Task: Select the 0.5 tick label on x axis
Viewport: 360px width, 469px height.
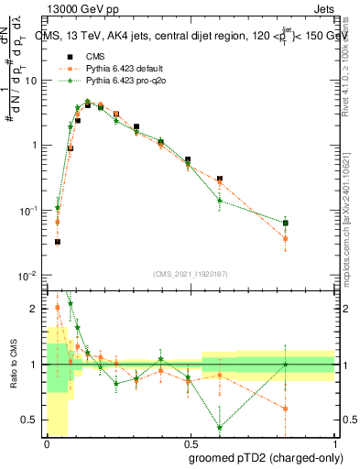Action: point(190,443)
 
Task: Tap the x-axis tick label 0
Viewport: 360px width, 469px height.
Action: point(48,443)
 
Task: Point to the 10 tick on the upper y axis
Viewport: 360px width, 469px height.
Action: point(32,81)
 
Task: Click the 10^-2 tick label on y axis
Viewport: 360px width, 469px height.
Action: point(29,276)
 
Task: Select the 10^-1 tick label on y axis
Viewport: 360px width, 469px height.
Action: point(29,211)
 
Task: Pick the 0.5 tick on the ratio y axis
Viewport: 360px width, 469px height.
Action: point(32,420)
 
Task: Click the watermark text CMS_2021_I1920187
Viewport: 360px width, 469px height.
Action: point(190,272)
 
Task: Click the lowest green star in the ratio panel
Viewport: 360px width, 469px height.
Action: point(220,427)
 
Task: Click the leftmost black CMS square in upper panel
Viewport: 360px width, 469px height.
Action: point(57,242)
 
